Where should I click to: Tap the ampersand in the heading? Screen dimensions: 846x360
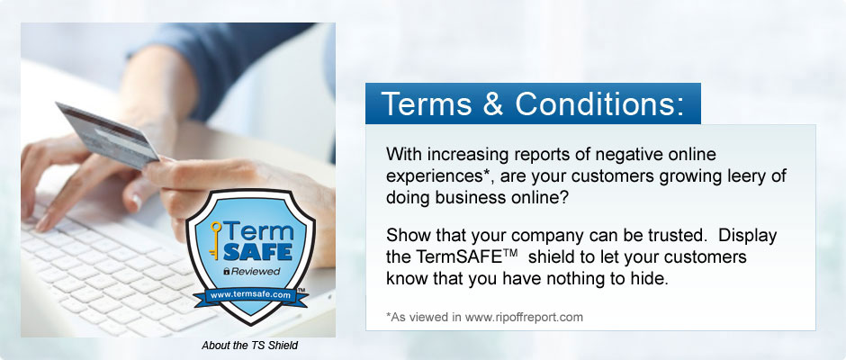[x=493, y=104]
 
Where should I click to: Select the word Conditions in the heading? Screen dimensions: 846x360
[x=599, y=104]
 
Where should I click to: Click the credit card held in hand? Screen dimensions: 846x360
[x=107, y=135]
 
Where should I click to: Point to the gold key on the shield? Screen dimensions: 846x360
[x=215, y=240]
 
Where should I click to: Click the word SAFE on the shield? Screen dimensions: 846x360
[x=257, y=251]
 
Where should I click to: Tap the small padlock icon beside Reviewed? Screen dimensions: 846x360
[x=227, y=272]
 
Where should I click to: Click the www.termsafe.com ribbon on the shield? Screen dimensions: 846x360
[x=250, y=296]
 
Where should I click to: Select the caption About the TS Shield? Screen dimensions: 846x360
[x=249, y=346]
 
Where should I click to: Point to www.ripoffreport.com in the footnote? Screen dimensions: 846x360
[x=524, y=318]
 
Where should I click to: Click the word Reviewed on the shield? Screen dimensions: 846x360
[x=256, y=272]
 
